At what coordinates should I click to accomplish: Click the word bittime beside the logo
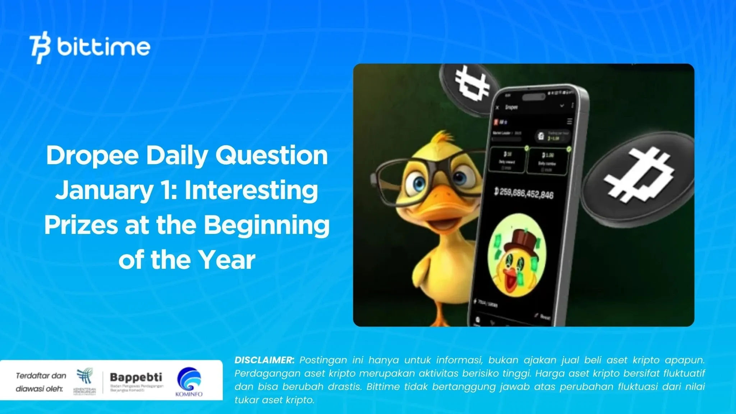[103, 47]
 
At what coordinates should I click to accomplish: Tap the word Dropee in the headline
[92, 156]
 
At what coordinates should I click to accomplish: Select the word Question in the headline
[271, 156]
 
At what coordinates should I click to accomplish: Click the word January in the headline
[104, 190]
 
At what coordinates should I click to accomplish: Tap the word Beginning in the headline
[267, 225]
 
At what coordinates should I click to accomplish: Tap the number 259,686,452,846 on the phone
[524, 194]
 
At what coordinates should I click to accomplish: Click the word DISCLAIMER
[264, 360]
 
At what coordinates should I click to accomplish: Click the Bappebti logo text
[136, 377]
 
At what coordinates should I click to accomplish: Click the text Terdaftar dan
[41, 376]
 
